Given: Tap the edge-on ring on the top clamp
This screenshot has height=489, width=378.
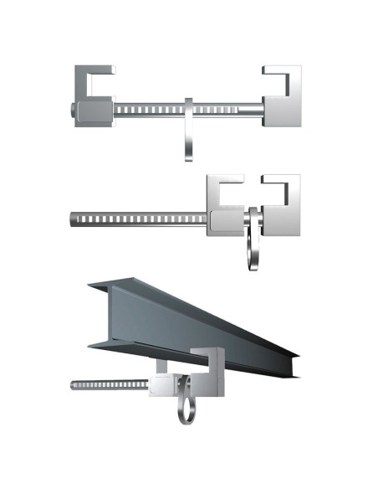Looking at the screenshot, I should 189,130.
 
